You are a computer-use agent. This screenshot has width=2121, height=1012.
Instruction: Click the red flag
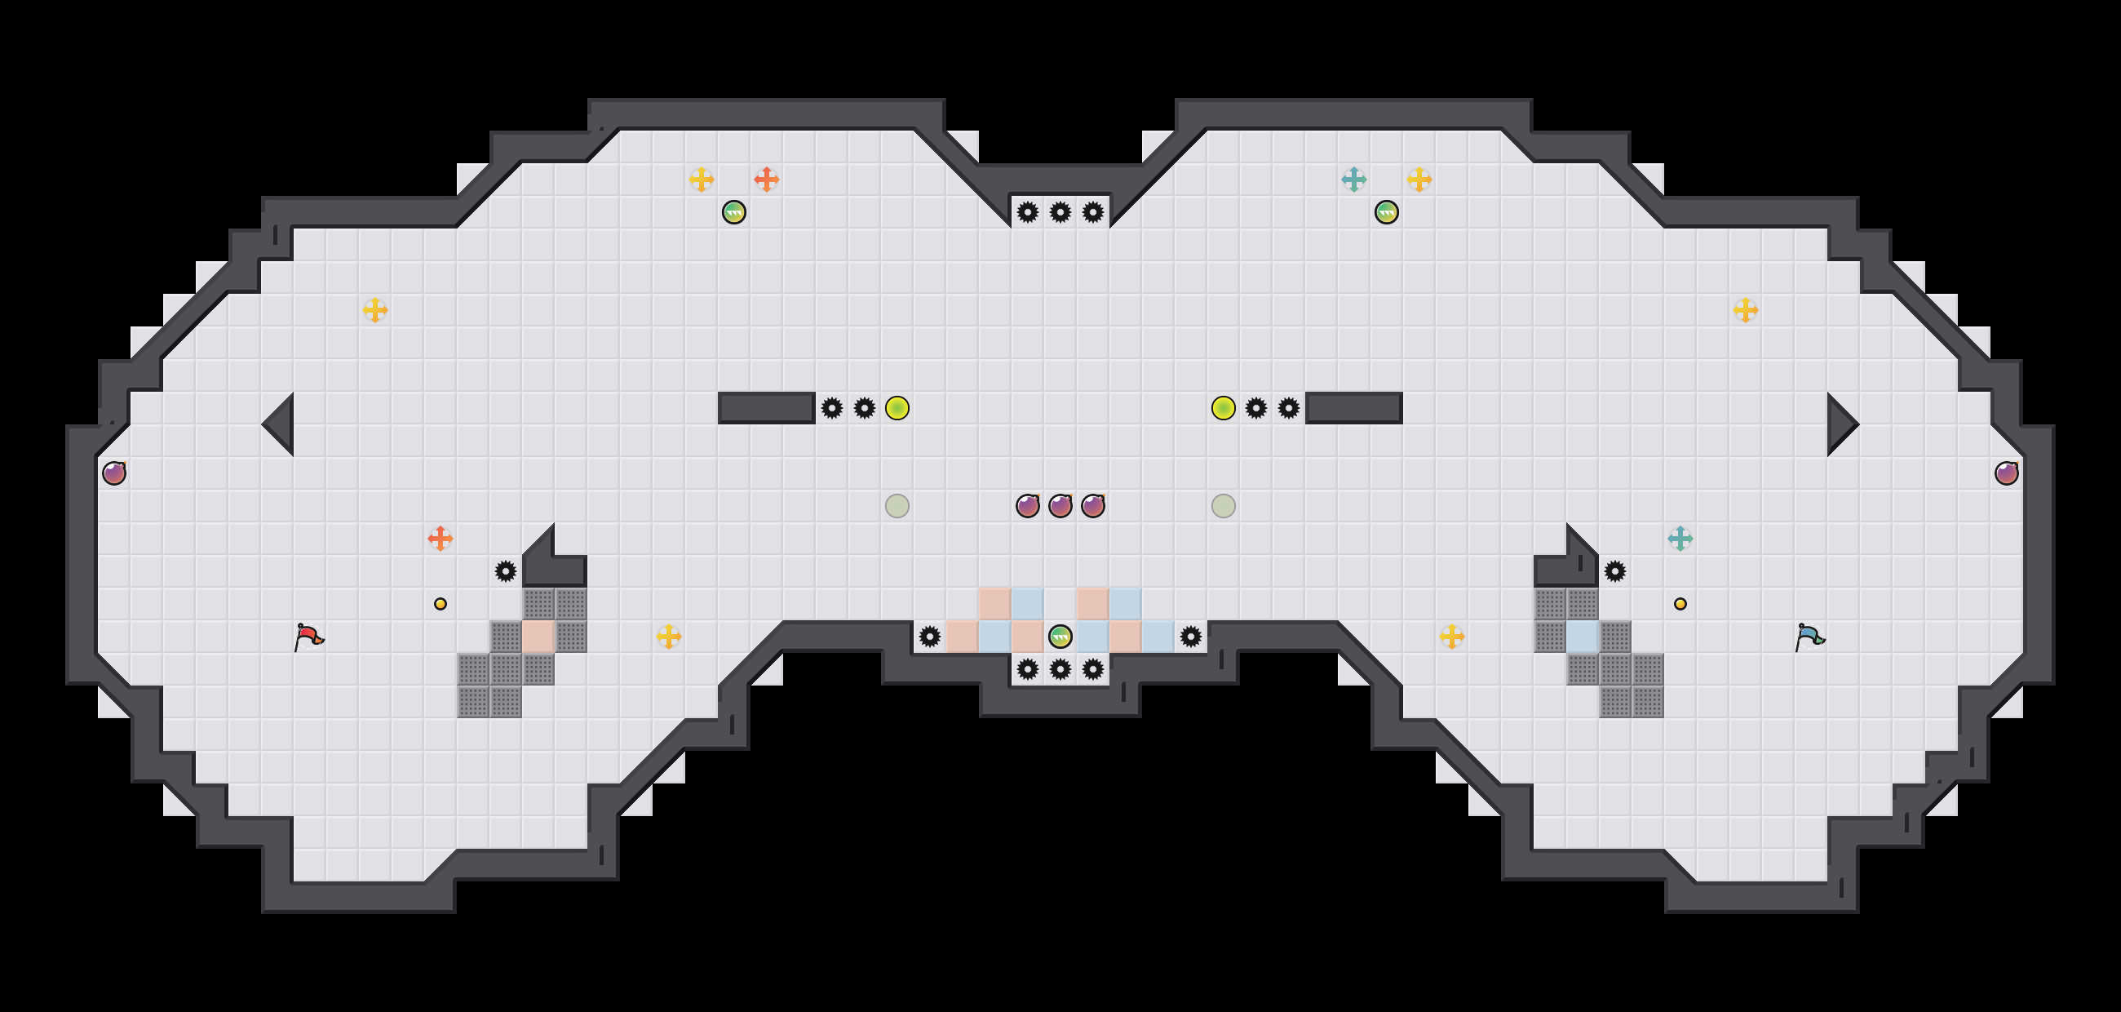coord(308,637)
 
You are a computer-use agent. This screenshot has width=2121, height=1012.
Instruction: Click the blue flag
coord(1809,637)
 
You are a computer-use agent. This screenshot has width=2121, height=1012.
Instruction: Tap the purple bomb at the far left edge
coord(114,473)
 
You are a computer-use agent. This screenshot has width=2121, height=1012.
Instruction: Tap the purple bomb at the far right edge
coord(2007,473)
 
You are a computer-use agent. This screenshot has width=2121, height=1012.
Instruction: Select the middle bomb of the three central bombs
coord(1060,505)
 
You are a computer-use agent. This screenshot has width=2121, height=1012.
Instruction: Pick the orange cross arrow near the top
coord(767,179)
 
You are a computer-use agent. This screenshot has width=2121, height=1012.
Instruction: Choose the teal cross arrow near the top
coord(1353,179)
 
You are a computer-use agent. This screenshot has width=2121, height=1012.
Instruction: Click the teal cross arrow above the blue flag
coord(1680,539)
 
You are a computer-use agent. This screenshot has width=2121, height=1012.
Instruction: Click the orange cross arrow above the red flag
coord(441,539)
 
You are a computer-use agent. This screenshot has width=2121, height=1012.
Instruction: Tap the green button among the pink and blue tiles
coord(1060,637)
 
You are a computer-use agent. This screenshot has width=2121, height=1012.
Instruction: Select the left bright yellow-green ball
coord(897,407)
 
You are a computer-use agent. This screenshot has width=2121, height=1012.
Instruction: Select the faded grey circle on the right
coord(1224,505)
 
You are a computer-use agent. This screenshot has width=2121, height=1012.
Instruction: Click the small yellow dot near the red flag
coord(441,604)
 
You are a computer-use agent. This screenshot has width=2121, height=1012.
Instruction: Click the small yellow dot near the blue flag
coord(1680,604)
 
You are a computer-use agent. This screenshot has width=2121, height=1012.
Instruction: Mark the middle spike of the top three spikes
coord(1060,212)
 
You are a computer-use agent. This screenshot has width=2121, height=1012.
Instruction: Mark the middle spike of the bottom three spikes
coord(1060,668)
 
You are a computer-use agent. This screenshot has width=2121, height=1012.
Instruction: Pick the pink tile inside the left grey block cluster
coord(538,637)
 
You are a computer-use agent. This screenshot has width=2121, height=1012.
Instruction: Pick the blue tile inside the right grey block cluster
coord(1582,637)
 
